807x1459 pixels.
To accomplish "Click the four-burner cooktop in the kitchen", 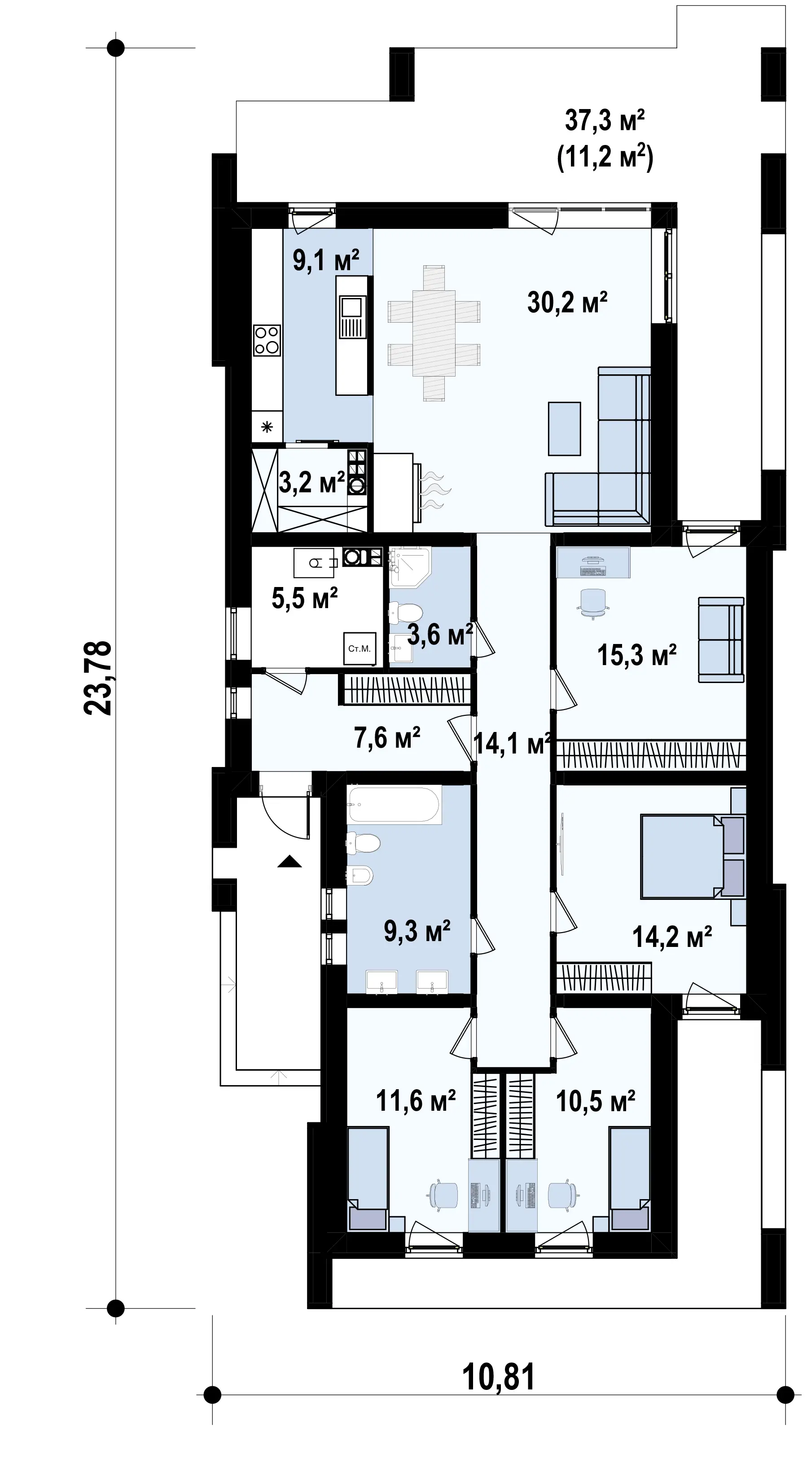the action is coord(267,340).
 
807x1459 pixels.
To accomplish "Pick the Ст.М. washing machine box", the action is coord(359,648).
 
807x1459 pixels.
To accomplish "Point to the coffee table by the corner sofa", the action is coord(564,429).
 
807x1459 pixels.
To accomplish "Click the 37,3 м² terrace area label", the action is coord(604,121).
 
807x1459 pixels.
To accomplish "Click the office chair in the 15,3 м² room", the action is coord(593,602).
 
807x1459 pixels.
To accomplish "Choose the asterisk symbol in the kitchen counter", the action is coord(267,427).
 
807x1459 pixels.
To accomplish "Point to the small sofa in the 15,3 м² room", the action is coord(721,640).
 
